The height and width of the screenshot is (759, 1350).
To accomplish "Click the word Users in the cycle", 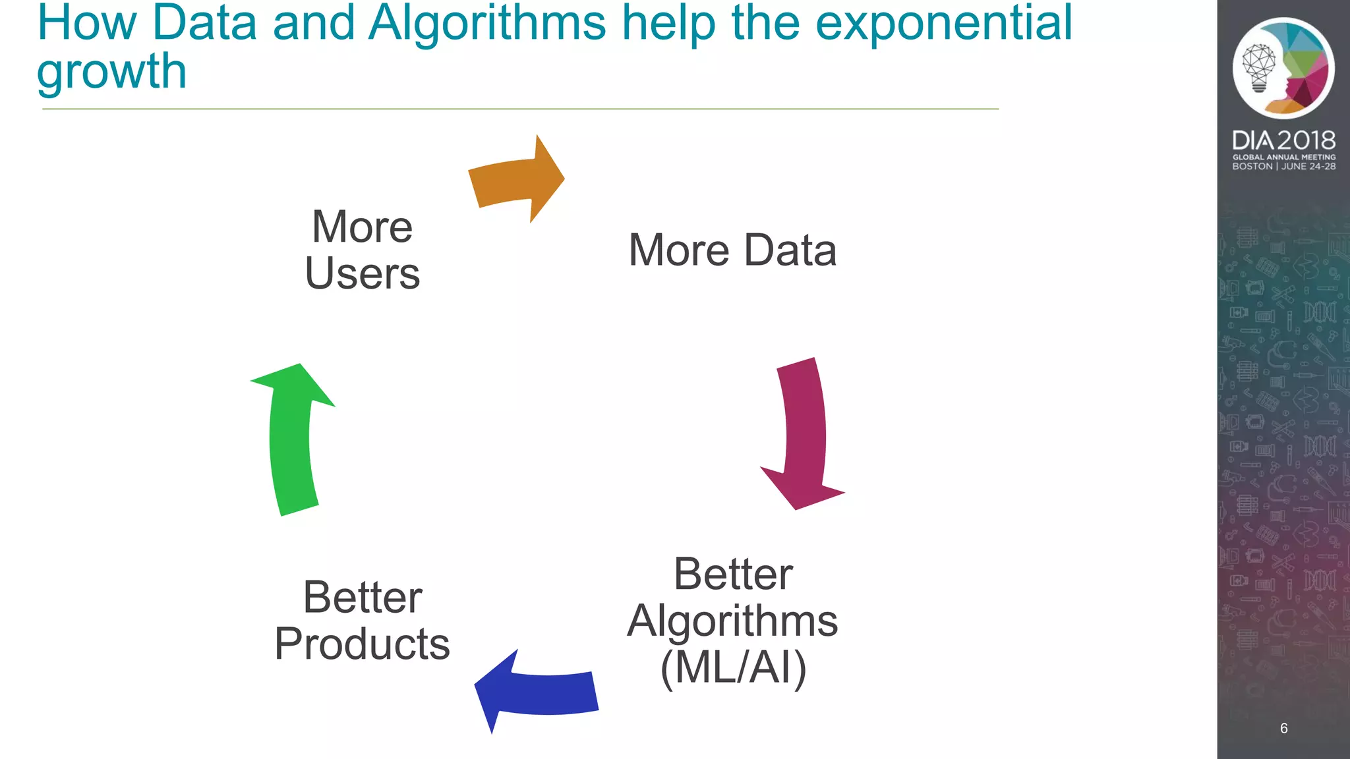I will [x=362, y=273].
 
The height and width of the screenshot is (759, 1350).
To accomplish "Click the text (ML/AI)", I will [x=733, y=668].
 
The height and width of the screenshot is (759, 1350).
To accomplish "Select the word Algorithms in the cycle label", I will [x=732, y=621].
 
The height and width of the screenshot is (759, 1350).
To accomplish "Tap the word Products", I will [x=362, y=644].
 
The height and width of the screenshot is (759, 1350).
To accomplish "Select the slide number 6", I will [x=1283, y=728].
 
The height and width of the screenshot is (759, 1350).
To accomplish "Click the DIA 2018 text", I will [x=1283, y=140].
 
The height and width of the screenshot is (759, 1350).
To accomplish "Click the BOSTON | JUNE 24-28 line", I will [x=1283, y=167].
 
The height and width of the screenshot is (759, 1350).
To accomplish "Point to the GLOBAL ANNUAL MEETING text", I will [x=1283, y=157].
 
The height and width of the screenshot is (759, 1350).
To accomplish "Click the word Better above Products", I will [x=362, y=598].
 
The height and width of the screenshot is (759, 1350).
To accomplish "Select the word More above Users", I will [x=362, y=227].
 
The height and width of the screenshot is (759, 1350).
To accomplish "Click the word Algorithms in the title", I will [x=486, y=22].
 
